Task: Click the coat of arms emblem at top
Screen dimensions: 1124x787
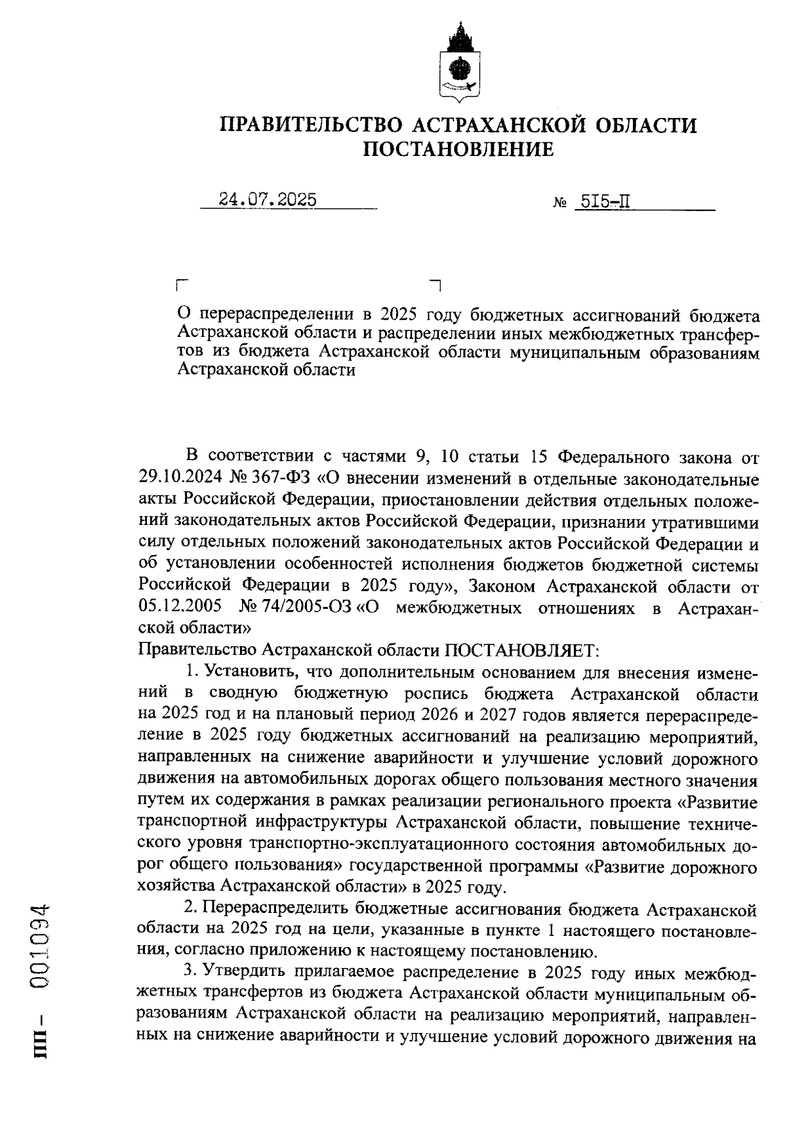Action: coord(458,63)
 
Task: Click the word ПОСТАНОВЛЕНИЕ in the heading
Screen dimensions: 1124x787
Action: coord(458,150)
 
